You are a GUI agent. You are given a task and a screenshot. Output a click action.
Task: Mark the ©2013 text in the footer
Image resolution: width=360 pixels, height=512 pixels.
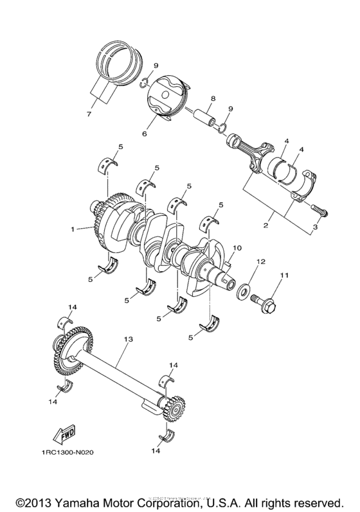[34, 500]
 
